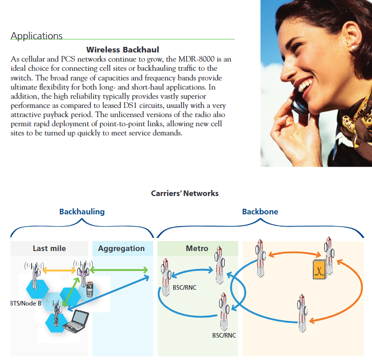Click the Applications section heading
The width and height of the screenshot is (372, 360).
37,36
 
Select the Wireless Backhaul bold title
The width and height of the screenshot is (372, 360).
123,50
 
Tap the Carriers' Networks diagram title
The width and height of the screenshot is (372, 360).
184,193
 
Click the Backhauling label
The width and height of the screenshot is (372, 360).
82,212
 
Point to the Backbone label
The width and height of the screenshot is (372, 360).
260,212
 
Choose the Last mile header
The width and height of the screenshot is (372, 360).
49,248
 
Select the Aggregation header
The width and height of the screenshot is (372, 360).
121,248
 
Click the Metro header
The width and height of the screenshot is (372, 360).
197,248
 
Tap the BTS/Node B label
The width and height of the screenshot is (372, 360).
25,303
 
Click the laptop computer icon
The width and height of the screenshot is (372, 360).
76,321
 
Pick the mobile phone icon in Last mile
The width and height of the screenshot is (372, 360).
90,289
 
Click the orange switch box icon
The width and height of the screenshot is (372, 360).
320,269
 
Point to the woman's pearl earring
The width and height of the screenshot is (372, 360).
353,48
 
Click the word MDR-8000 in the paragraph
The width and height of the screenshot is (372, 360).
196,59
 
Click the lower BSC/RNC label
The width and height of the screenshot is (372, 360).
224,336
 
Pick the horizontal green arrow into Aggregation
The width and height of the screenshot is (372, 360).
119,270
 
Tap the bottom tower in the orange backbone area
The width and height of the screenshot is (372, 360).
302,313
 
